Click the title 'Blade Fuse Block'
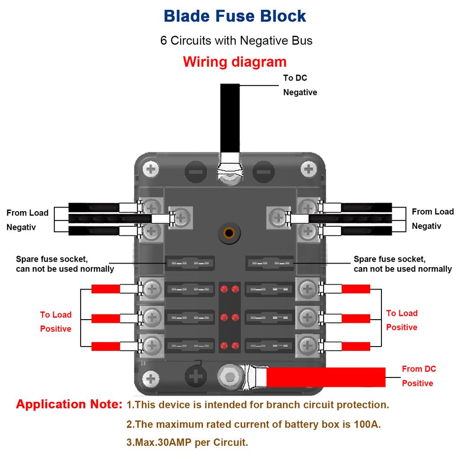coord(234,16)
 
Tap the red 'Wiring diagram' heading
coord(234,61)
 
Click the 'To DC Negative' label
coord(300,85)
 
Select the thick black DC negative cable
coord(230,117)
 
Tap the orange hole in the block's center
coord(229,233)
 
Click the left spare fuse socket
coord(191,263)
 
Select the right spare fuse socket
coord(269,263)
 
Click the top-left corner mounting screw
coord(151,169)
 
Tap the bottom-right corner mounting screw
coord(308,377)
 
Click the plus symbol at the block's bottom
coord(196,377)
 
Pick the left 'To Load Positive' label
coord(56,322)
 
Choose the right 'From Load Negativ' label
coord(433,219)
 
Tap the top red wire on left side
coord(105,289)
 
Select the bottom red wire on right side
coord(356,346)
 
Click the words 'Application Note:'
coord(69,404)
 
